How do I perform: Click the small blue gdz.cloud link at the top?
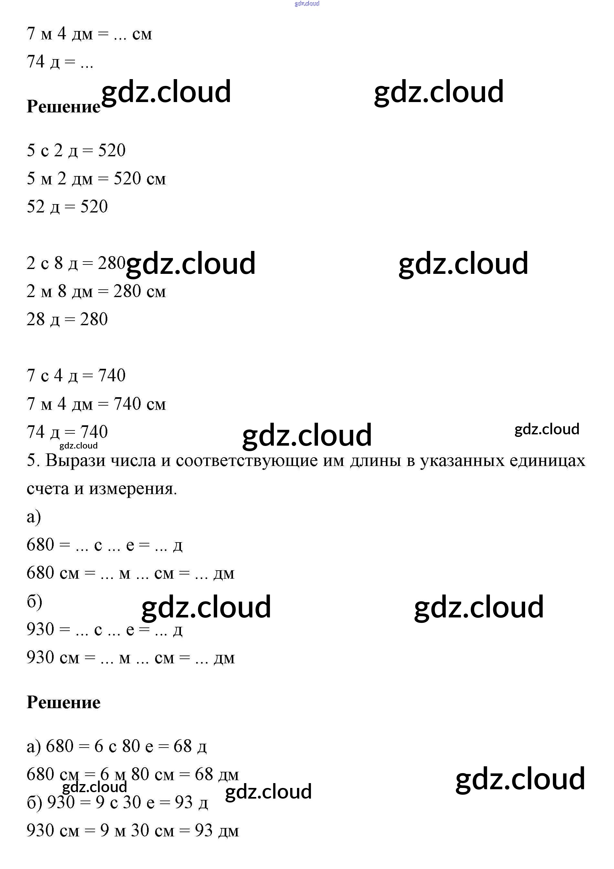[x=307, y=4]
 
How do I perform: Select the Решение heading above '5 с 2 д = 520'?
[x=63, y=107]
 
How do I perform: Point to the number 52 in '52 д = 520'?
[x=36, y=207]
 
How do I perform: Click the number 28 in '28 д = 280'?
[x=36, y=319]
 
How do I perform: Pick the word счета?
[x=48, y=489]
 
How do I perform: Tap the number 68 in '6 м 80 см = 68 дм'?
[x=204, y=774]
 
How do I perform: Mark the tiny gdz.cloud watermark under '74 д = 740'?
[x=79, y=445]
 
